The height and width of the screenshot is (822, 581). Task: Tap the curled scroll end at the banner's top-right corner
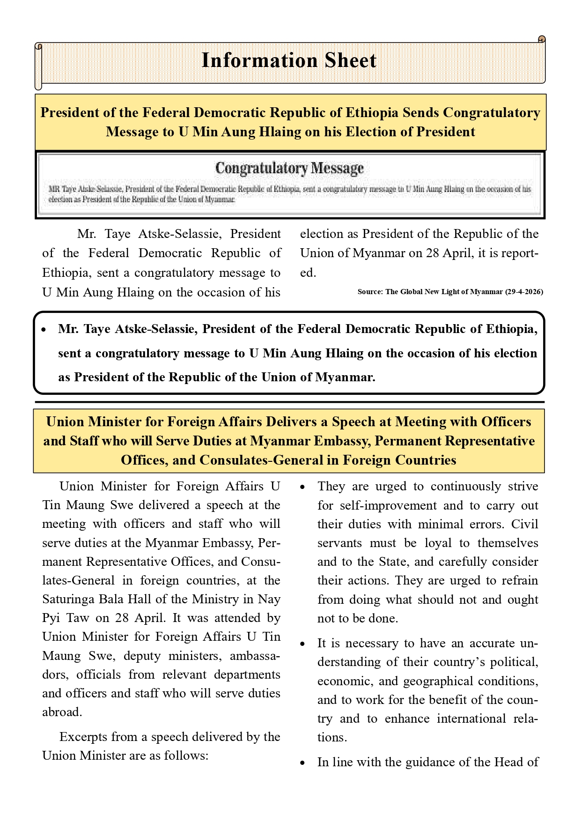click(542, 39)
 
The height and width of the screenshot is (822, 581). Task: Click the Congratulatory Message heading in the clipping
click(289, 168)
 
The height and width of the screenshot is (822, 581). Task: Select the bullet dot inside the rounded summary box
click(44, 330)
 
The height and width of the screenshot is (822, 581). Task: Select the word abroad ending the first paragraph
click(62, 712)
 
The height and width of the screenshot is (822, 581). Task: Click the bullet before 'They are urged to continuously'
click(303, 487)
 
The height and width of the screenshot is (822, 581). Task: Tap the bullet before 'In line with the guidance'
click(303, 763)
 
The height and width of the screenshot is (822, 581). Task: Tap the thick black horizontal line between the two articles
click(289, 402)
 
